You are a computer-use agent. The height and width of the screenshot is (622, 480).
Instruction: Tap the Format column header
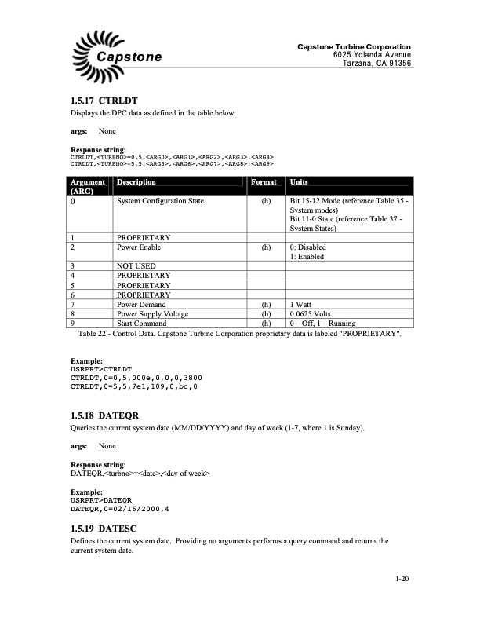[x=263, y=182]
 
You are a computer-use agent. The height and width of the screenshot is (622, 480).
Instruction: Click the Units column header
[x=299, y=182]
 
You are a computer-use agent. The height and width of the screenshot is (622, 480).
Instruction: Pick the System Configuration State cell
[x=160, y=202]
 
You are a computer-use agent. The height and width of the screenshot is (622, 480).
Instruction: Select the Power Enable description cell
[x=139, y=247]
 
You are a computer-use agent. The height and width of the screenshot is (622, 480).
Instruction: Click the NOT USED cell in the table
[x=136, y=266]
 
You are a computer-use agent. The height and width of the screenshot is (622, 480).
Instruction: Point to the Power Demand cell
[x=141, y=304]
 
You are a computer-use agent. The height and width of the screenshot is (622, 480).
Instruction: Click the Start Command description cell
[x=142, y=323]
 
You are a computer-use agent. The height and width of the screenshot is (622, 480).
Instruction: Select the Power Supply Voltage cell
[x=152, y=313]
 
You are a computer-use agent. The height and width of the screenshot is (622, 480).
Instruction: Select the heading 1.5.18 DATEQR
[x=104, y=413]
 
